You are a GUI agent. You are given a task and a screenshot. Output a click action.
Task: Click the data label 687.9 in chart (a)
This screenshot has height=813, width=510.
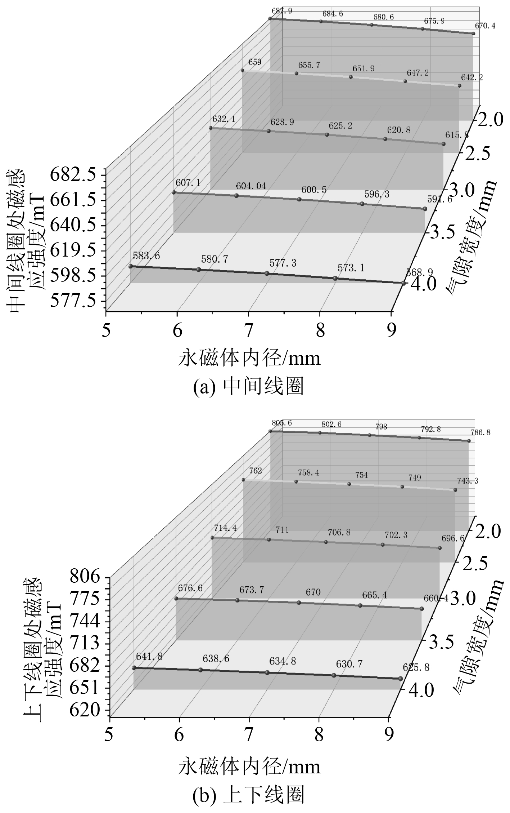(282, 11)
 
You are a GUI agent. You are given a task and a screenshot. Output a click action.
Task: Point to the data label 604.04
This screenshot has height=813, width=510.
(251, 186)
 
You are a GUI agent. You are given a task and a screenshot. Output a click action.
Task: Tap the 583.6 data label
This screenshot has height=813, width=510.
(146, 256)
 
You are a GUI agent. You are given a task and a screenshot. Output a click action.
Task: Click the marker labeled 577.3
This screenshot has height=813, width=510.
(267, 274)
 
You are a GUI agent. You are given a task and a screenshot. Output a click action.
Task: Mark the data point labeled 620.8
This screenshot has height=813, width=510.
(385, 139)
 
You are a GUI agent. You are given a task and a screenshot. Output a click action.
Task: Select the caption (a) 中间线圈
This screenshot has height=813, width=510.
(249, 387)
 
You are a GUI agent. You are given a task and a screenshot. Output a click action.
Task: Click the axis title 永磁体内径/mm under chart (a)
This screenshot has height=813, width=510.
(249, 359)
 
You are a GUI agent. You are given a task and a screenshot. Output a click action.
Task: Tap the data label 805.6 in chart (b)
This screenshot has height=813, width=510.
(282, 423)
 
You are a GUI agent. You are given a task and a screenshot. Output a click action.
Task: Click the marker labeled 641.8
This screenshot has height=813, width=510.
(134, 668)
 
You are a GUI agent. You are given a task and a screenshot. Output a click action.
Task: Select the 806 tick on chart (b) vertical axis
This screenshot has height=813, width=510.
(85, 577)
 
